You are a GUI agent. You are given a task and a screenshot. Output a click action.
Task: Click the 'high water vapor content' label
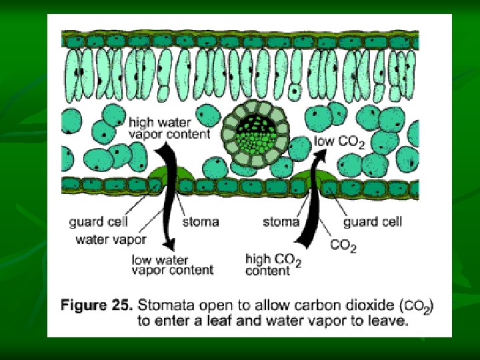click(x=169, y=128)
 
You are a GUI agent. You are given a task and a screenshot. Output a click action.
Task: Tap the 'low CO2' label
click(x=339, y=142)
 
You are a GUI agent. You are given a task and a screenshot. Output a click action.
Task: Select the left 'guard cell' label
click(x=99, y=221)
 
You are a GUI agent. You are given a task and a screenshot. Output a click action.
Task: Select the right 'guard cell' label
click(x=373, y=221)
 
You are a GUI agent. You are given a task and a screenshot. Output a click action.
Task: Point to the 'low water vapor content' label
click(x=173, y=265)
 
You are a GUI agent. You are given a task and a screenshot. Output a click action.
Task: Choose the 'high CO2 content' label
click(x=273, y=264)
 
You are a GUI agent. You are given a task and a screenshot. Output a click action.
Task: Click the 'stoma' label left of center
click(x=200, y=221)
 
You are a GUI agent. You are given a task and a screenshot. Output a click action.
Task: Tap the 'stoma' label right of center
click(x=281, y=221)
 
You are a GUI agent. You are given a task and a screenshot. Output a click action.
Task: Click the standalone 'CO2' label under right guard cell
click(x=343, y=246)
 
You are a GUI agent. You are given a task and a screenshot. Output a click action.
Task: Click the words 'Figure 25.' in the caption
click(x=97, y=306)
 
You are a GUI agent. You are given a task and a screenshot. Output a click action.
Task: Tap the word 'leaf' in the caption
click(x=240, y=321)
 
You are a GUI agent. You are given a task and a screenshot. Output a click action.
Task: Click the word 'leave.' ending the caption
click(x=385, y=321)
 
